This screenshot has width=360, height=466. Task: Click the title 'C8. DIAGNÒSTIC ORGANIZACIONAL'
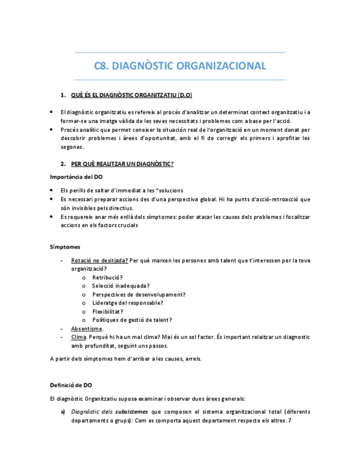180,66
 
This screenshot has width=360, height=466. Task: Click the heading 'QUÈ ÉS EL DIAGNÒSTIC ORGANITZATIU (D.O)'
131,96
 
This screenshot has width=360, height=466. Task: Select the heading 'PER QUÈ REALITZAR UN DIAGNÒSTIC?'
122,164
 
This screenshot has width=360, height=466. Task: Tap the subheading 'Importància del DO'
76,177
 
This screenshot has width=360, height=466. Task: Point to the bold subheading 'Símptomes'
65,247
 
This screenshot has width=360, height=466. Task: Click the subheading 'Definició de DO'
71,385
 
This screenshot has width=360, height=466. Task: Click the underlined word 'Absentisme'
87,329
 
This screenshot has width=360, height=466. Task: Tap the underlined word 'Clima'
79,337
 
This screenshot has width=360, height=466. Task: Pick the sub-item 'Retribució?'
108,278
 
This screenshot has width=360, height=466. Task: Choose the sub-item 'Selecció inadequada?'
121,286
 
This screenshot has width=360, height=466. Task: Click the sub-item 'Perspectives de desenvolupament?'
139,295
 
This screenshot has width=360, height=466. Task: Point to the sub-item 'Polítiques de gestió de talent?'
132,320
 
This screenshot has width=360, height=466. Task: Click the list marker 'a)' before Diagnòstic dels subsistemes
63,412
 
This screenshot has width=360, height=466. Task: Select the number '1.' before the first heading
63,96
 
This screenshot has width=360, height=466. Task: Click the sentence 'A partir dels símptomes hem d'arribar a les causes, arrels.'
126,359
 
